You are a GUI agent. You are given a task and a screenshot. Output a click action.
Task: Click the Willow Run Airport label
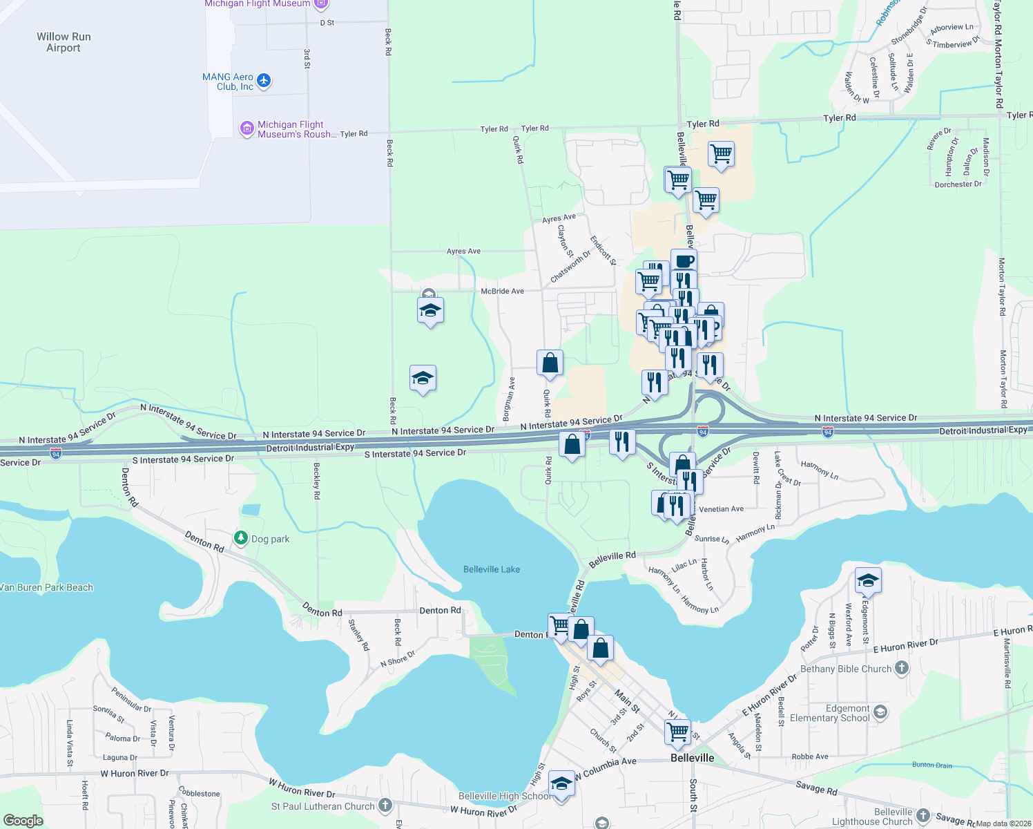coord(64,42)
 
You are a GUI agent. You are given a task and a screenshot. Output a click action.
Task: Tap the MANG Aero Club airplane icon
coord(264,81)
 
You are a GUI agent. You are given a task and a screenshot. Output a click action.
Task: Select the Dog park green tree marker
coord(240,538)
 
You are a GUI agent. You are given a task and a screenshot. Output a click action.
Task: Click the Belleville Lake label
coord(492,569)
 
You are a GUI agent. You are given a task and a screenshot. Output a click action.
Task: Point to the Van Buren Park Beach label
coord(47,587)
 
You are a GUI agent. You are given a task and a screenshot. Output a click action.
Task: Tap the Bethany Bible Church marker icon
coord(902,668)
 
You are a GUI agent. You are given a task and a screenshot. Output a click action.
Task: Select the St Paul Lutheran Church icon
coord(385,805)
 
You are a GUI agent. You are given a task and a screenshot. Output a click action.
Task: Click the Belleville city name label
coord(692,758)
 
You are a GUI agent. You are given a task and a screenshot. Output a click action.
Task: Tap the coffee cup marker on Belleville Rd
coord(684,262)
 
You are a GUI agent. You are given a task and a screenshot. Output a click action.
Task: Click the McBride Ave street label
coord(502,292)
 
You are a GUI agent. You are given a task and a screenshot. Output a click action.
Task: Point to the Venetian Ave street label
coord(721,509)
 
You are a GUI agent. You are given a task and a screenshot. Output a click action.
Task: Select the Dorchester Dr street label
coord(958,184)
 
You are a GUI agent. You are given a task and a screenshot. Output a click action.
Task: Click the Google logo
coord(23,821)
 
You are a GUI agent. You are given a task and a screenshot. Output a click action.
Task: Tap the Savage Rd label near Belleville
coord(816,787)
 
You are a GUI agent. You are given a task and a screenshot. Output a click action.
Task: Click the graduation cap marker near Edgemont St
coord(868,581)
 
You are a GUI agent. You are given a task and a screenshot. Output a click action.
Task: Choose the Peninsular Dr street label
coord(131,698)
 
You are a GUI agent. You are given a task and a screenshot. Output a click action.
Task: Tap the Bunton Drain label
coord(932,765)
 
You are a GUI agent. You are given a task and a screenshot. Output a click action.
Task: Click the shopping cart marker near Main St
coord(677,732)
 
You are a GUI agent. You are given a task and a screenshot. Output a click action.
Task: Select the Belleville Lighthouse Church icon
coord(923,816)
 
